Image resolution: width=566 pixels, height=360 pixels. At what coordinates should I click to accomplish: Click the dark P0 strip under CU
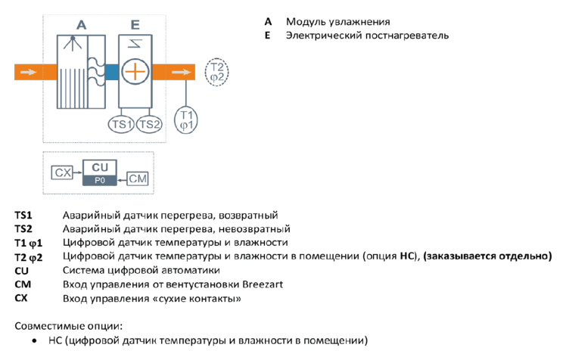tap(100, 180)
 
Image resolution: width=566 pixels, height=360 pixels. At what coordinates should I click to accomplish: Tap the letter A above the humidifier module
tap(82, 25)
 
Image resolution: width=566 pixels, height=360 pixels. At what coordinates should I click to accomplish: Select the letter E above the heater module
tap(135, 25)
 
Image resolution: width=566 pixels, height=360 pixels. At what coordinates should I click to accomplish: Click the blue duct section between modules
tap(112, 72)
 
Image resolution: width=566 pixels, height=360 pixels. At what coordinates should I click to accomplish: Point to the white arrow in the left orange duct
tap(28, 72)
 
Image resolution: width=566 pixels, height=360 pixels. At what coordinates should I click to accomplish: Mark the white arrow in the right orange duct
tap(181, 72)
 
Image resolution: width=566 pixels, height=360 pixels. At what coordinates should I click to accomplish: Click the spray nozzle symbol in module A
tap(73, 43)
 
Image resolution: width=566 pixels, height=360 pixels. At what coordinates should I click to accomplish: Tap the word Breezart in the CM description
tap(263, 284)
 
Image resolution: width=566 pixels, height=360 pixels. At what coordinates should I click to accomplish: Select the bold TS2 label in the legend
tap(23, 228)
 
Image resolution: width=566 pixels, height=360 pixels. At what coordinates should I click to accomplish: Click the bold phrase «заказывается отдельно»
tap(487, 256)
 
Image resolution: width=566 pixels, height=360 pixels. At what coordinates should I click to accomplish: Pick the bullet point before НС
tap(34, 340)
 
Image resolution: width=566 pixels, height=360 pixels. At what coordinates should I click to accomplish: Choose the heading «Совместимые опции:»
tap(69, 326)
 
